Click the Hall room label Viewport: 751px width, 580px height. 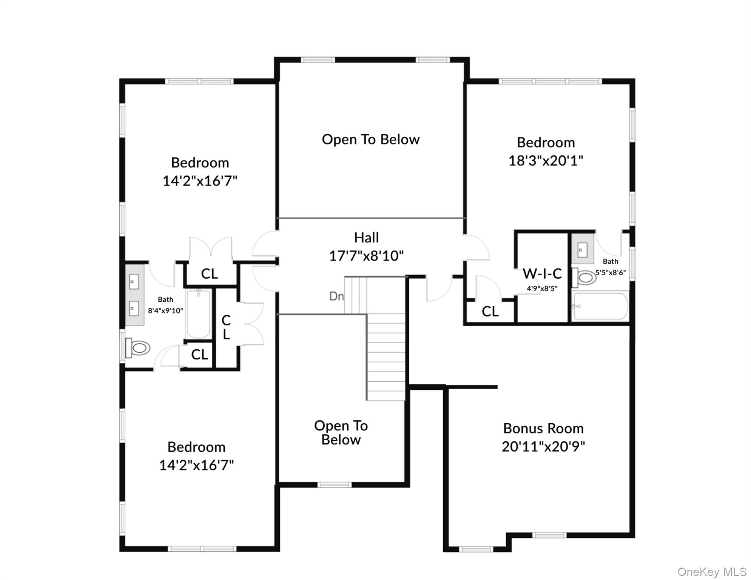point(366,238)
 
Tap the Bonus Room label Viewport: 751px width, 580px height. point(543,429)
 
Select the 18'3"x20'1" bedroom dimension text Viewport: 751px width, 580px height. point(546,161)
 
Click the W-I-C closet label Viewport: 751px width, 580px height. point(542,274)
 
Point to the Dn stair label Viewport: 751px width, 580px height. point(336,296)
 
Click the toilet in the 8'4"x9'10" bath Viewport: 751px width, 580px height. point(138,347)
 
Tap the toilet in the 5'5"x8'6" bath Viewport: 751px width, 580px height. point(584,278)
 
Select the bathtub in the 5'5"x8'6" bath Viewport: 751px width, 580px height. point(600,306)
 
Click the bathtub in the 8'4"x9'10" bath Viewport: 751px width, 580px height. point(198,314)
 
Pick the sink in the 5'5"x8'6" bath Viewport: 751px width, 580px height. point(583,250)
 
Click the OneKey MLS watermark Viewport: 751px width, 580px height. point(712,572)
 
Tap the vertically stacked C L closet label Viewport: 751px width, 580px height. point(226,327)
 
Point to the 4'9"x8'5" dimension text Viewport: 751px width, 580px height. point(542,289)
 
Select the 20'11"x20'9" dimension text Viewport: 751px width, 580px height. point(543,447)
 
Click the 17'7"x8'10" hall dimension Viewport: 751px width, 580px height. point(366,256)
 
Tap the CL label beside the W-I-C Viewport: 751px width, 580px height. point(490,312)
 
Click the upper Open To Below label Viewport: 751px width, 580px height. point(370,140)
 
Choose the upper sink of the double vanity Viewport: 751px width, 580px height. point(134,281)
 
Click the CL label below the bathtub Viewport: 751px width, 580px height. point(199,355)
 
